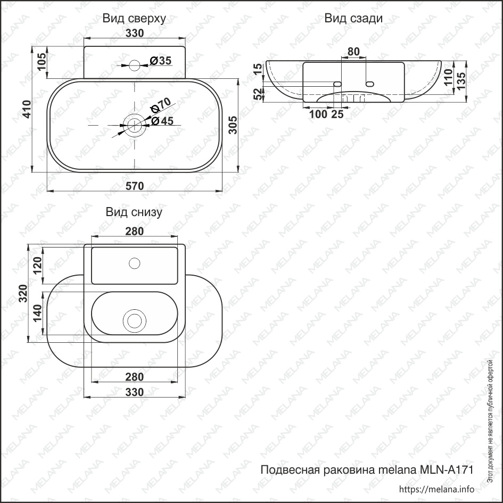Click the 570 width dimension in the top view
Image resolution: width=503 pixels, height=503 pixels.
135,186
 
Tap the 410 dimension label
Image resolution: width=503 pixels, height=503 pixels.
27,109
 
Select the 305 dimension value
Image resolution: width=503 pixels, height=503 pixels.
233,125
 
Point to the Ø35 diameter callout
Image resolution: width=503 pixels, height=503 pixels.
161,60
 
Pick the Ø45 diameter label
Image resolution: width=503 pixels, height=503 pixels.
162,121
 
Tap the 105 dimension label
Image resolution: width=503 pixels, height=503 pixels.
42,62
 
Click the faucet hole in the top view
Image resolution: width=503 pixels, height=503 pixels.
135,65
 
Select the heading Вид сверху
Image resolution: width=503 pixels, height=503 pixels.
134,19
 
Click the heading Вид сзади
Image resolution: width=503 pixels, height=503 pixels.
353,18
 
